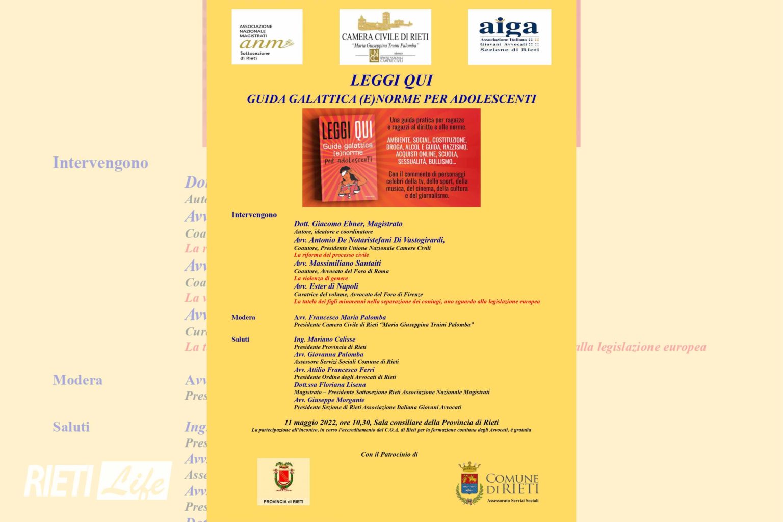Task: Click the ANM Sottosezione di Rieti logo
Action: [267, 37]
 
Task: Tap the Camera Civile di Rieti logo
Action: [385, 37]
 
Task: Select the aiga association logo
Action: [509, 37]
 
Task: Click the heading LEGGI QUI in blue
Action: [391, 81]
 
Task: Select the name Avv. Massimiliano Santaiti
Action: [337, 263]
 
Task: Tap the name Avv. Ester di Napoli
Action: [326, 286]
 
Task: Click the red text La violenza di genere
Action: [321, 278]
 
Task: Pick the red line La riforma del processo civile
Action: [331, 255]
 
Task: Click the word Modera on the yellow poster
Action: [243, 317]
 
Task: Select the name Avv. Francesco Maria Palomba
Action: [340, 317]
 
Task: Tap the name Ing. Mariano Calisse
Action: [324, 339]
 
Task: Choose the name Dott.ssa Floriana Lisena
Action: [329, 385]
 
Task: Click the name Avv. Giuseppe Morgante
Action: [329, 400]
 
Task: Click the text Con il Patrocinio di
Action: [389, 454]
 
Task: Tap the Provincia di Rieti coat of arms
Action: [283, 478]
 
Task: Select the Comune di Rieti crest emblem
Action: [469, 483]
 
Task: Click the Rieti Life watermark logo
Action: [98, 480]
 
